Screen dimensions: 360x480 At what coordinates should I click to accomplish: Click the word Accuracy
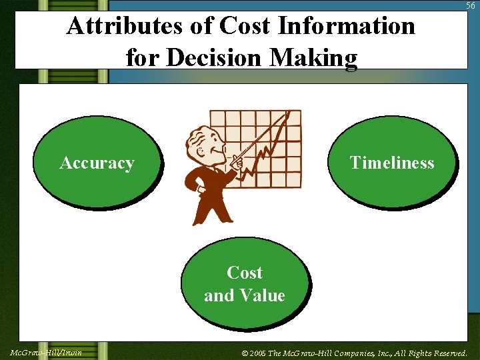[x=97, y=163]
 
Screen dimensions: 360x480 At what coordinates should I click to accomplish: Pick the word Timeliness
[x=392, y=163]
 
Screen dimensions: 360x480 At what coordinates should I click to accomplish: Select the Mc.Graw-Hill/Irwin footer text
[x=46, y=352]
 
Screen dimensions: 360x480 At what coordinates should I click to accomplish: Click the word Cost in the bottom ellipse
[x=245, y=273]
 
